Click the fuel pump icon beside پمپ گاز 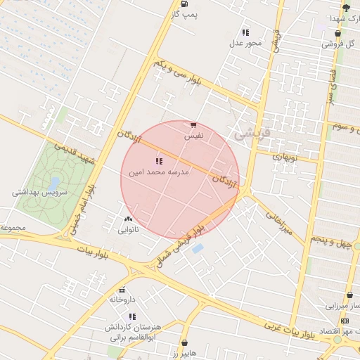click(x=185, y=3)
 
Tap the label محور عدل click(x=245, y=44)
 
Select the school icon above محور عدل click(x=245, y=32)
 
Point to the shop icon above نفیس click(x=193, y=125)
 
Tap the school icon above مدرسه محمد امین click(x=158, y=161)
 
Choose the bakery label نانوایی click(x=128, y=229)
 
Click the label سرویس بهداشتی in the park click(x=39, y=192)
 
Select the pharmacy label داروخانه click(x=122, y=300)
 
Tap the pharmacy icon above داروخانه click(x=122, y=290)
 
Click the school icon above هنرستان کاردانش click(x=132, y=316)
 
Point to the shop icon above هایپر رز click(x=185, y=343)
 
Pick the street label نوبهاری click(x=286, y=158)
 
